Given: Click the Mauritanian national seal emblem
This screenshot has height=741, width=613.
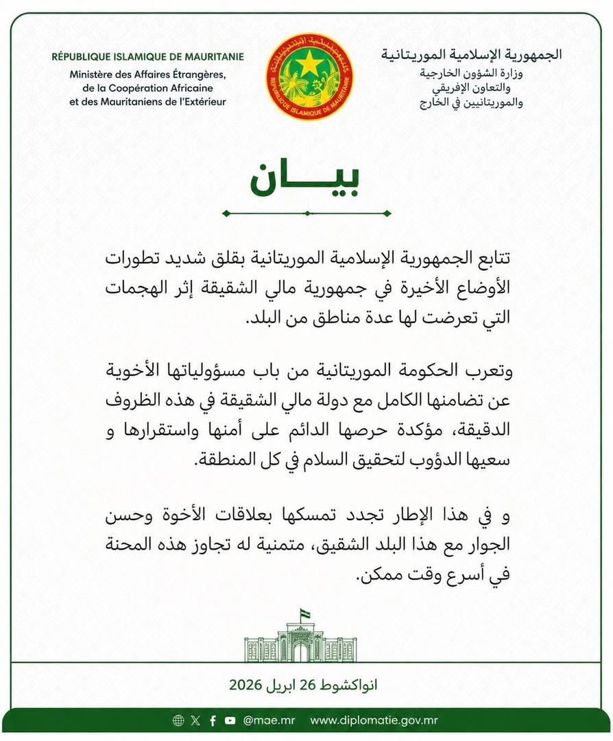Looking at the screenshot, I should point(309,75).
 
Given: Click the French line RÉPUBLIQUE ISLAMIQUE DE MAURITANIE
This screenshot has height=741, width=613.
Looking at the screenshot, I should point(147,57).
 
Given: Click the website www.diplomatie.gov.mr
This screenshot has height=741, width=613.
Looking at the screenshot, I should point(374,720).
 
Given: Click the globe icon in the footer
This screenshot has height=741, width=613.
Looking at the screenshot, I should point(178,720).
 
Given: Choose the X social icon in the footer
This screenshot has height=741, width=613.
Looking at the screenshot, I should point(196,720).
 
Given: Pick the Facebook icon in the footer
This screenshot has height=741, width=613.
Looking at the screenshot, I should point(213,720).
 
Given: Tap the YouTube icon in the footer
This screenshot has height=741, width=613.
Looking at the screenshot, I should point(230,720).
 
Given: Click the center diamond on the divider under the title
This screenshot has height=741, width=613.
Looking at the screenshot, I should point(306,213).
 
